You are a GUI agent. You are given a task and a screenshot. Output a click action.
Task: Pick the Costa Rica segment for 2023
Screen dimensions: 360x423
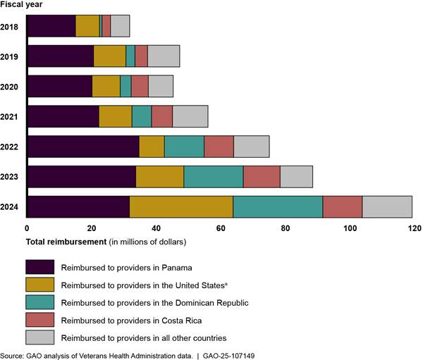262,177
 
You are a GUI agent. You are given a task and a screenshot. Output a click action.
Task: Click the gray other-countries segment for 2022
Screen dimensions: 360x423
252,147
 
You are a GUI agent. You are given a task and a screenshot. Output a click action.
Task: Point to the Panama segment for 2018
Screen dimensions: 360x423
51,25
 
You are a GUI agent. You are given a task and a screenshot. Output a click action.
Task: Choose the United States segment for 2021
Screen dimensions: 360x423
116,116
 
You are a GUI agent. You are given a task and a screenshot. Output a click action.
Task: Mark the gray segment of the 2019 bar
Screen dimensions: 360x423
164,56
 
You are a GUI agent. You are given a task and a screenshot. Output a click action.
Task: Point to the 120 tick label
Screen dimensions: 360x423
414,228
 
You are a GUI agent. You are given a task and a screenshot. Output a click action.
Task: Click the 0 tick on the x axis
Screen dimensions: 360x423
27,228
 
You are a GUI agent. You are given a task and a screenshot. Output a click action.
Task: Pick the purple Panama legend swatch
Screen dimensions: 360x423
39,267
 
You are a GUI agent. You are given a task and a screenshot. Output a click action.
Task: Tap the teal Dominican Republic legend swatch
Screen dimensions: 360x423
39,302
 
